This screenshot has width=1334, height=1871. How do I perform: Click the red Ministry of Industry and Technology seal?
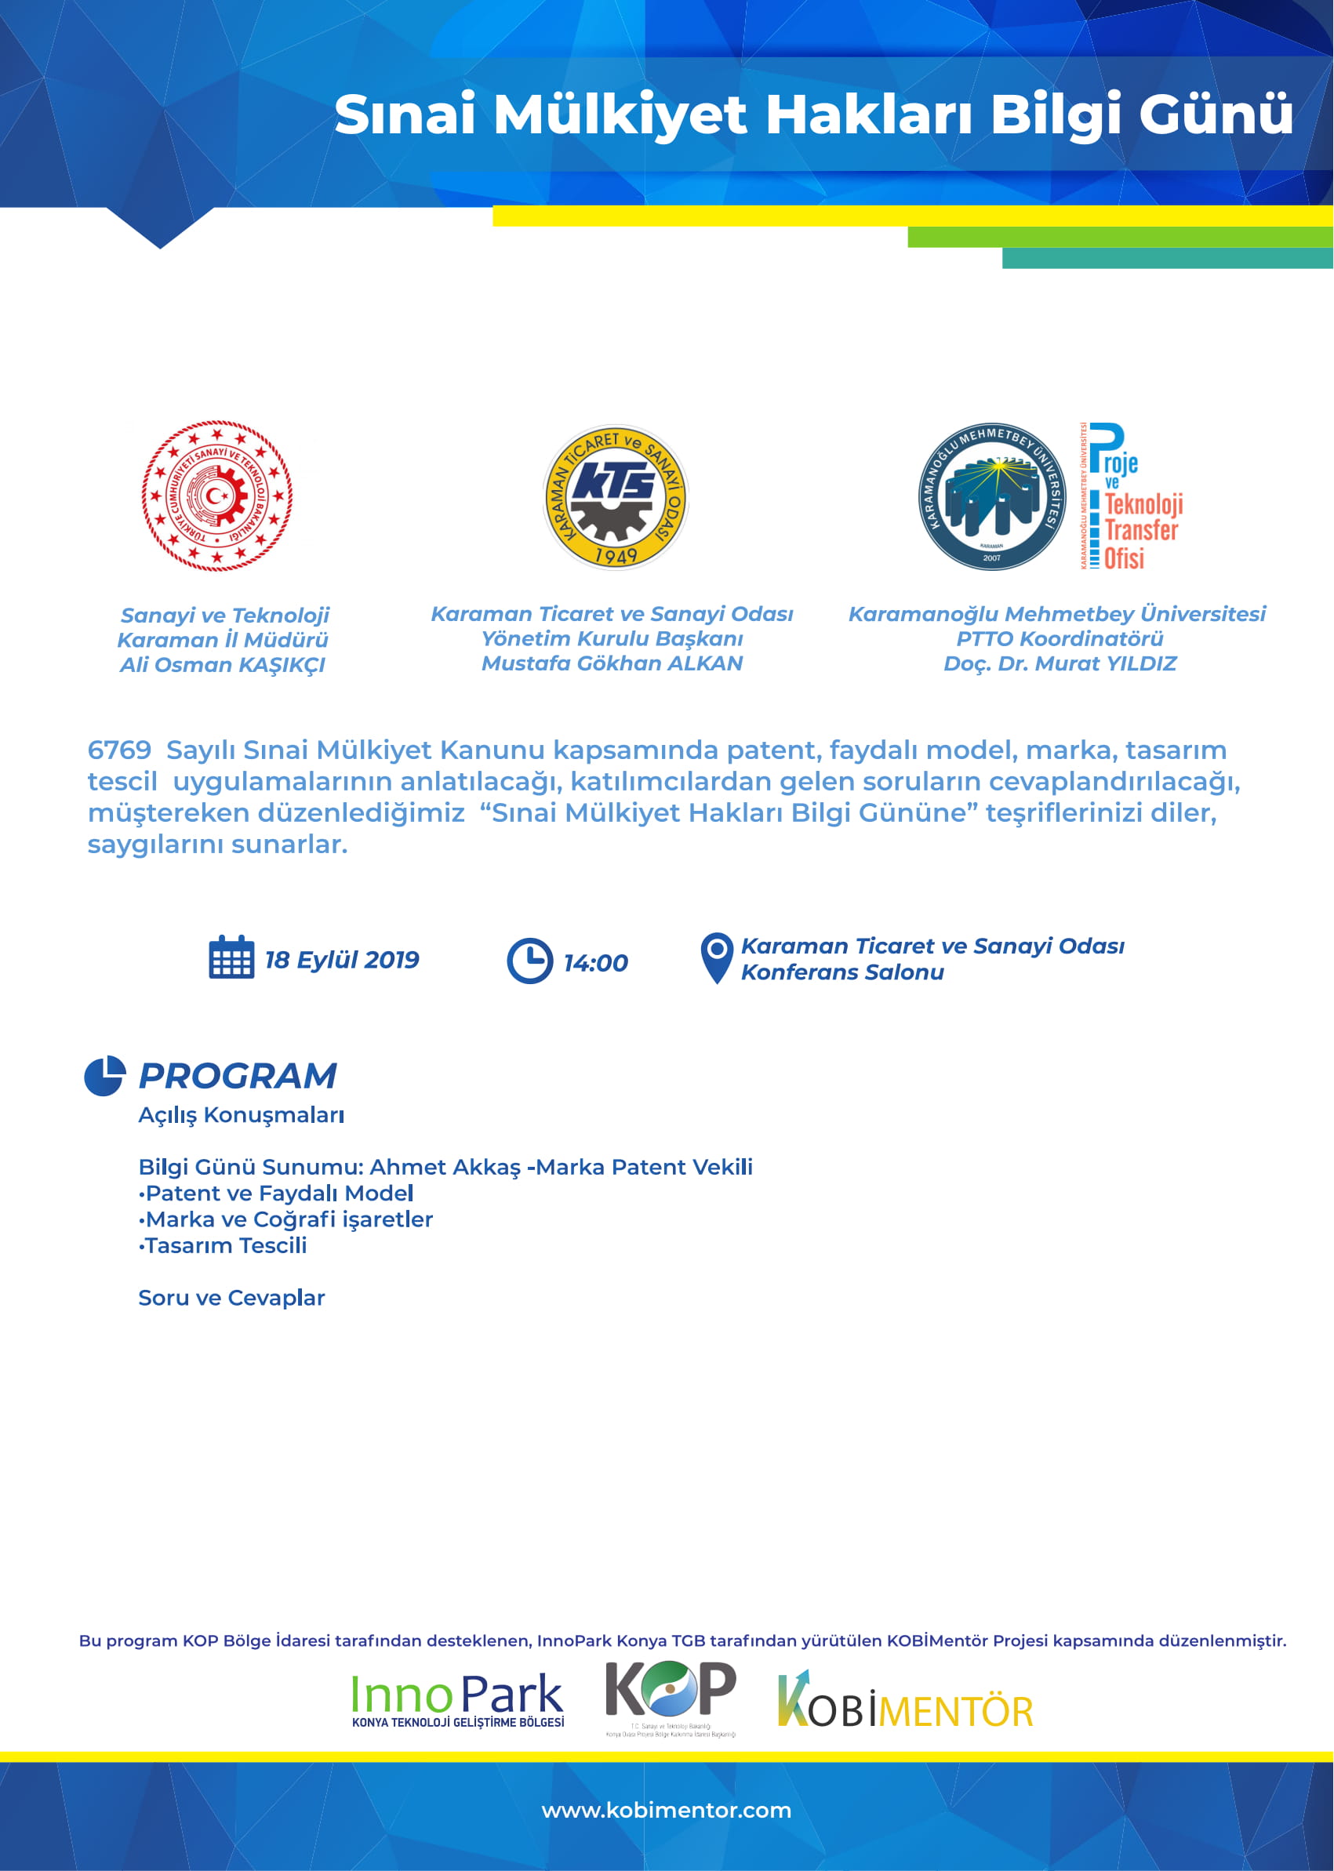217,496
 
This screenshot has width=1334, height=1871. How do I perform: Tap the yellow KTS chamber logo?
616,497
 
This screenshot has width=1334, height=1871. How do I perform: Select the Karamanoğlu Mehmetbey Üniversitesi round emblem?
991,497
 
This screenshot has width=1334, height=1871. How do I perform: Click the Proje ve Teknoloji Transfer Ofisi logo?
1131,497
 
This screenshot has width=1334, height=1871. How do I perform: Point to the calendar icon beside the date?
231,957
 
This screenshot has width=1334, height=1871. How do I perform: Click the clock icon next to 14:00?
530,960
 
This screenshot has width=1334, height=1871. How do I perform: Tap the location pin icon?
716,957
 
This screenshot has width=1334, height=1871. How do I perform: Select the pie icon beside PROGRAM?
105,1075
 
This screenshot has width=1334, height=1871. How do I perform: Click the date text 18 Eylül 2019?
342,959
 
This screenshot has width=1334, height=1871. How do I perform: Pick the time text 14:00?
595,963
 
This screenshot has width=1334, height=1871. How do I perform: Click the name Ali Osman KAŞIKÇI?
223,664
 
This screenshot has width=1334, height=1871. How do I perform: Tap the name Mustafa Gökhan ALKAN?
612,663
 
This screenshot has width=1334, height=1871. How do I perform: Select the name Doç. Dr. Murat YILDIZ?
1060,663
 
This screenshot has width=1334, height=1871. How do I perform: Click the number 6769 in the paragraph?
119,750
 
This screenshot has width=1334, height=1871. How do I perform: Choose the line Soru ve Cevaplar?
231,1298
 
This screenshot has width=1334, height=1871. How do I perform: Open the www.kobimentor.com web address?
666,1810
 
